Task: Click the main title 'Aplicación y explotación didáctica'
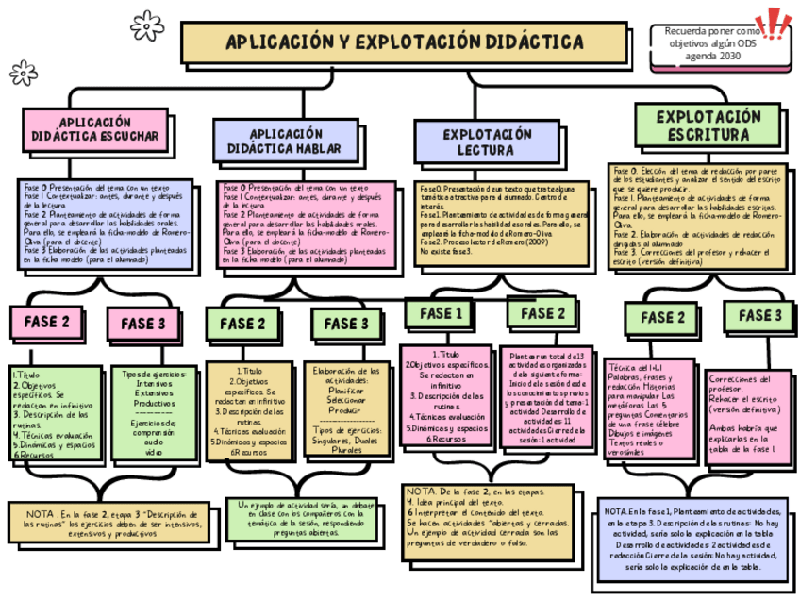click(x=404, y=43)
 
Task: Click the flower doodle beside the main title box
click(x=146, y=25)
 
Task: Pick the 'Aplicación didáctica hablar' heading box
click(x=286, y=141)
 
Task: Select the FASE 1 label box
click(x=440, y=313)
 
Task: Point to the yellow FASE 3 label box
click(x=345, y=324)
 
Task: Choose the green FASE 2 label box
click(x=542, y=313)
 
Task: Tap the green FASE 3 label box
click(x=758, y=315)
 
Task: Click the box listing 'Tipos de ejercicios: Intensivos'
click(x=154, y=412)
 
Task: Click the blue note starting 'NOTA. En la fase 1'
click(x=692, y=542)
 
